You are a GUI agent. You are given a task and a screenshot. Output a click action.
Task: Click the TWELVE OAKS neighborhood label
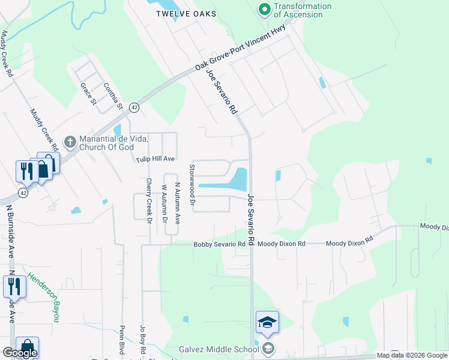185,14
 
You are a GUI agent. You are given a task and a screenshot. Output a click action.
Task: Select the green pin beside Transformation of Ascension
264,9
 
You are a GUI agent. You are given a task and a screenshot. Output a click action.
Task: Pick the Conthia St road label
113,97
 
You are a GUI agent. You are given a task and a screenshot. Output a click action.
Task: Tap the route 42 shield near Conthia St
134,107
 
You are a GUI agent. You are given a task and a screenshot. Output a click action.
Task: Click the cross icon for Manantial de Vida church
70,142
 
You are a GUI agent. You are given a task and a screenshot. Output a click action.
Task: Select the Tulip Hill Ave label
154,159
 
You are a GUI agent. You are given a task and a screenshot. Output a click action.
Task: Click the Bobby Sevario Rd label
219,244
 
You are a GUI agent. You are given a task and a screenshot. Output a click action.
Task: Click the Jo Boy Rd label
143,338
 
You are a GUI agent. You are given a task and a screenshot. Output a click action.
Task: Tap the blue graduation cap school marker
267,323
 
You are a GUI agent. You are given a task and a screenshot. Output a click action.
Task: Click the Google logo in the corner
20,353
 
